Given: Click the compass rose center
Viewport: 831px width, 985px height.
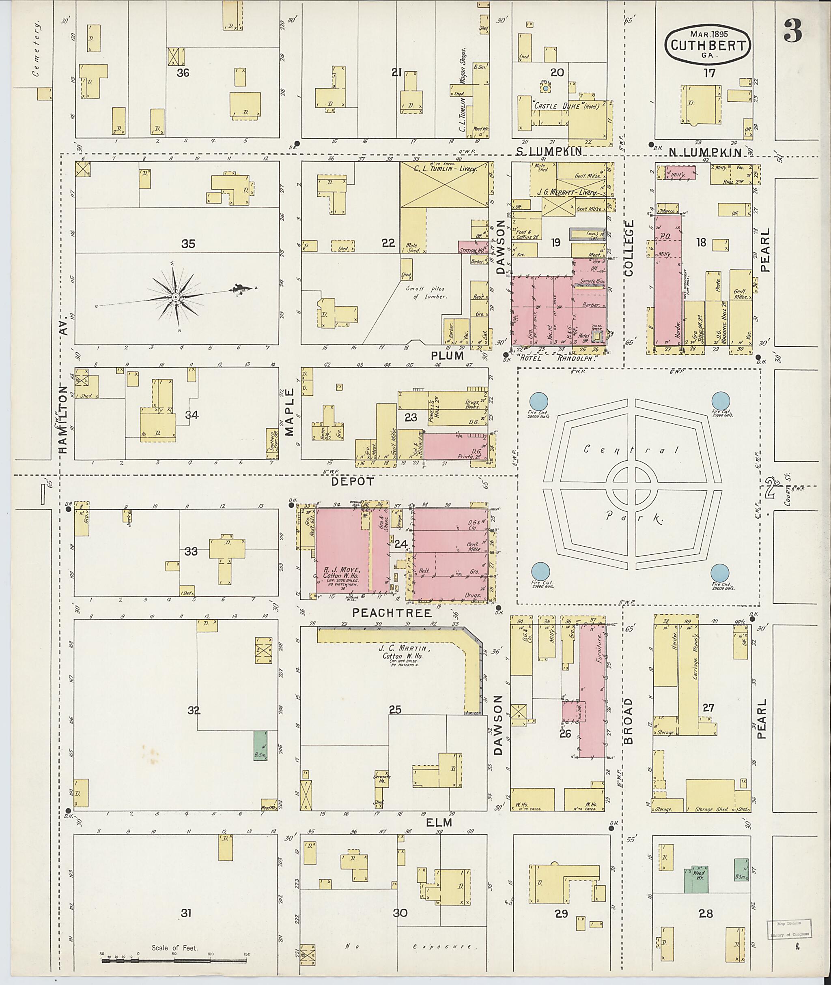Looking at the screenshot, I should [175, 296].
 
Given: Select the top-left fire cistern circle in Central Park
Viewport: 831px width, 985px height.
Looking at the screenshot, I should [539, 401].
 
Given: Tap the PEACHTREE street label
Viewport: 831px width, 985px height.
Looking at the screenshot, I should [392, 613].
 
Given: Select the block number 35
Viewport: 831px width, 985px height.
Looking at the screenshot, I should [188, 244].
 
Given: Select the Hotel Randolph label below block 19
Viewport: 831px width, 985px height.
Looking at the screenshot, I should [557, 357].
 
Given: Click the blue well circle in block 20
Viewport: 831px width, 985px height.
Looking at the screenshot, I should [545, 88].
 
